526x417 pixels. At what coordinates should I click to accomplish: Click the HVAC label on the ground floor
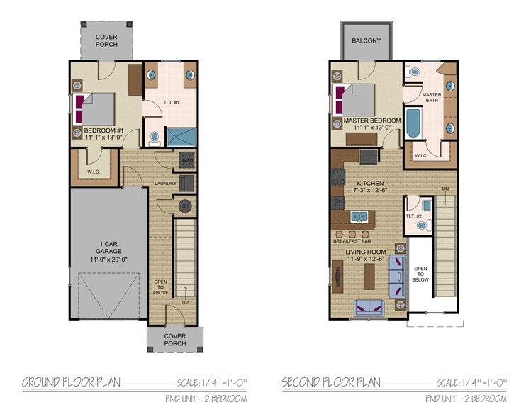(x=186, y=161)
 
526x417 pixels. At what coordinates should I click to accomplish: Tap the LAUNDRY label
(x=165, y=184)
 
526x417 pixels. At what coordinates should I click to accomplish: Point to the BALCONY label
(x=366, y=40)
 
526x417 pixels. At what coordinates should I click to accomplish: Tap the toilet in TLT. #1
(x=155, y=136)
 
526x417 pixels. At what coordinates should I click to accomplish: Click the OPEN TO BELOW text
(x=420, y=274)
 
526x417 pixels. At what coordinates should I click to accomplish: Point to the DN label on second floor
(x=444, y=189)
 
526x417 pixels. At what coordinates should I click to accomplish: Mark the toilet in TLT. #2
(x=422, y=225)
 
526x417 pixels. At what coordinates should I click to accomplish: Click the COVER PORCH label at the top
(x=106, y=40)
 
